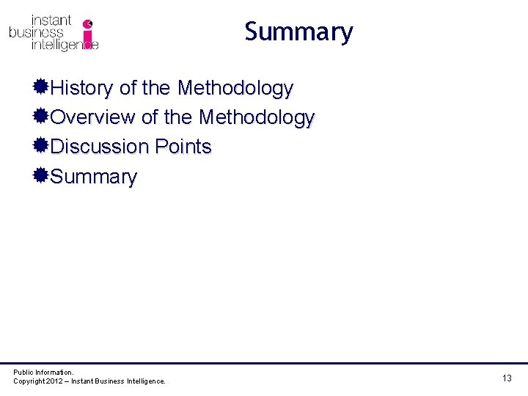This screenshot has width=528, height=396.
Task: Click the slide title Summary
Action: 298,32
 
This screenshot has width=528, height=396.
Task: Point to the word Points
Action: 183,147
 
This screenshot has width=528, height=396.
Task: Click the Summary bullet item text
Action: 94,177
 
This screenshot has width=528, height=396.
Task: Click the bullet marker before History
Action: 41,88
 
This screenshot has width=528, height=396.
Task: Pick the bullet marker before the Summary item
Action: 41,176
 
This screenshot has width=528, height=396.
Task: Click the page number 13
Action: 507,378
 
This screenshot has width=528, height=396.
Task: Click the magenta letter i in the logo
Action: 88,34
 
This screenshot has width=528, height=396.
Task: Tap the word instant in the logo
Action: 51,21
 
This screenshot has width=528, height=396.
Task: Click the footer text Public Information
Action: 43,373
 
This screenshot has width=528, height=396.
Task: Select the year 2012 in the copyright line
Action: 56,381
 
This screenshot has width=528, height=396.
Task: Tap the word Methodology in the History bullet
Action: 235,89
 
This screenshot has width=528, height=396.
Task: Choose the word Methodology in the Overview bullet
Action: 257,118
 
